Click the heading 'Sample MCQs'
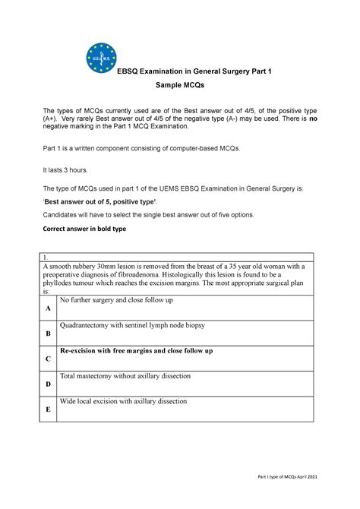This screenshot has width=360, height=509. [179, 88]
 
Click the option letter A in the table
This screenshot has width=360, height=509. [49, 308]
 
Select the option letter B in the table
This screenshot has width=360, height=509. [49, 333]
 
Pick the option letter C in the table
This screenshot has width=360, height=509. [49, 358]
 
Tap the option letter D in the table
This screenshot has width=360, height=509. [49, 384]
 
